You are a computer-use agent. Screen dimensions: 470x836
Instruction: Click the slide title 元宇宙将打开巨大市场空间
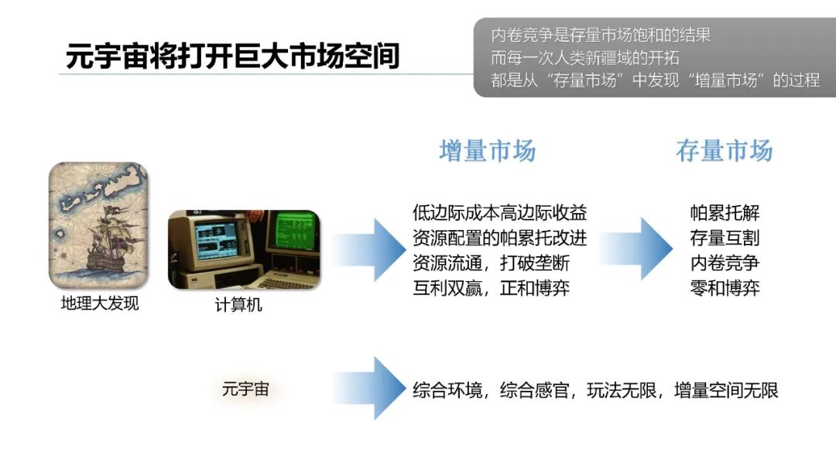point(232,56)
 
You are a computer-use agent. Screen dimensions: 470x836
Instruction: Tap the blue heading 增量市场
point(487,150)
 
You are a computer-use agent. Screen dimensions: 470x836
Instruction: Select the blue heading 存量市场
point(724,150)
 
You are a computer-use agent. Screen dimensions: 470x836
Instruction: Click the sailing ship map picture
point(98,225)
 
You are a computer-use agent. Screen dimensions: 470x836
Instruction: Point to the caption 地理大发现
point(100,304)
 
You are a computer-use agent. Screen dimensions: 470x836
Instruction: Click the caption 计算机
point(238,305)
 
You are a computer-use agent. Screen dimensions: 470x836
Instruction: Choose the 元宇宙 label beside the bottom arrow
point(245,389)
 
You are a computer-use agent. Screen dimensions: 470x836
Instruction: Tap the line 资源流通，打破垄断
point(492,263)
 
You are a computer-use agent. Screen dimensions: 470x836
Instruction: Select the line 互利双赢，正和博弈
point(492,289)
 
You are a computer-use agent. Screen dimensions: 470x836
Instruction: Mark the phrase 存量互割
point(725,238)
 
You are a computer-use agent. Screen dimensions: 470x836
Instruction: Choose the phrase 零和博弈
point(725,289)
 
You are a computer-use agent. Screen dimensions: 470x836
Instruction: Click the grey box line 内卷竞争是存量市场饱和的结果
point(601,35)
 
